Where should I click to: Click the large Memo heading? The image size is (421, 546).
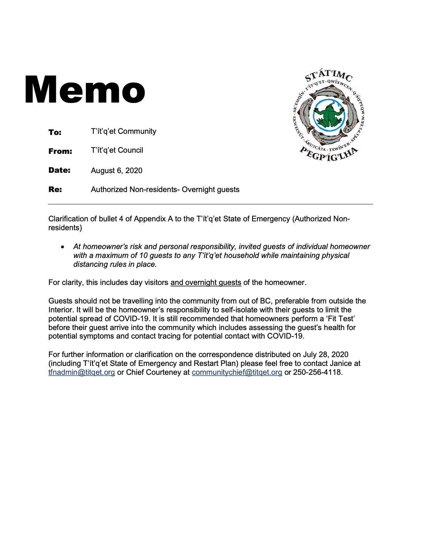pyautogui.click(x=85, y=90)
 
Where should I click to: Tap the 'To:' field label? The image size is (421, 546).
pyautogui.click(x=55, y=132)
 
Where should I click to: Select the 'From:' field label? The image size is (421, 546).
pyautogui.click(x=60, y=151)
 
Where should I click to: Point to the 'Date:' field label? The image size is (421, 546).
pyautogui.click(x=59, y=170)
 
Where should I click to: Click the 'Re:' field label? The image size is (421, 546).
pyautogui.click(x=55, y=189)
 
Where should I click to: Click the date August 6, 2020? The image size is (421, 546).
pyautogui.click(x=116, y=170)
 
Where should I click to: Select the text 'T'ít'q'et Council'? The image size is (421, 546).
pyautogui.click(x=117, y=150)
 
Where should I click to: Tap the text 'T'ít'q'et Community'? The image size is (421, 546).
pyautogui.click(x=123, y=131)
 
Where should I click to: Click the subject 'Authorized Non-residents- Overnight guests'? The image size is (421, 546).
pyautogui.click(x=165, y=189)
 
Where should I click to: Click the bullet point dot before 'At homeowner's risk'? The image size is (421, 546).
pyautogui.click(x=62, y=247)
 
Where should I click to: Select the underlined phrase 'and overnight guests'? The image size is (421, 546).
pyautogui.click(x=205, y=283)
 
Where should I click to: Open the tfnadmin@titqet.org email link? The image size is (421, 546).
pyautogui.click(x=82, y=372)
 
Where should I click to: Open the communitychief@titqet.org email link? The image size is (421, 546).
pyautogui.click(x=237, y=372)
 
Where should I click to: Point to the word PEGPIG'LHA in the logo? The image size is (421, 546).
pyautogui.click(x=329, y=155)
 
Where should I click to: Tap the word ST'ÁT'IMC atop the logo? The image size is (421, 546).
pyautogui.click(x=328, y=75)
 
